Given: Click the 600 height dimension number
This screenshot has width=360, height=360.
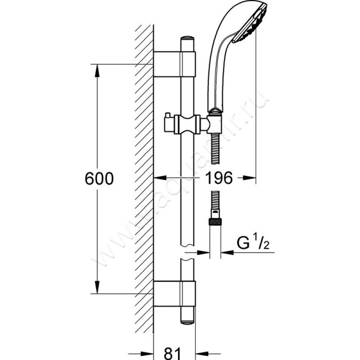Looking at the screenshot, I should point(99,179).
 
